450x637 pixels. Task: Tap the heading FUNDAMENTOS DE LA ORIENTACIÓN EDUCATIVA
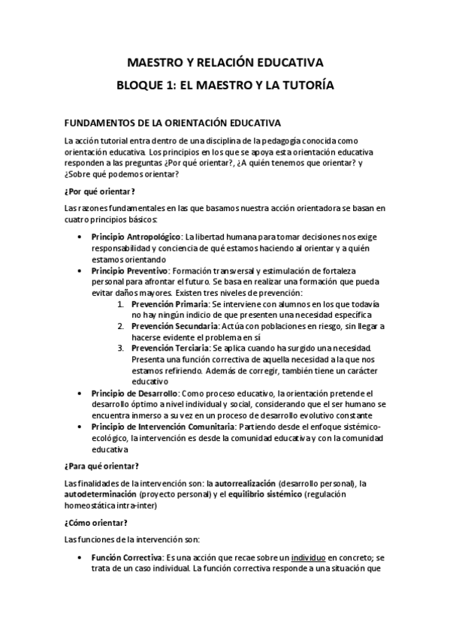(x=173, y=122)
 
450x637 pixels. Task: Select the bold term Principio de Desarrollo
(x=134, y=393)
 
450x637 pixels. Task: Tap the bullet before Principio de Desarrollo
(x=80, y=393)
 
